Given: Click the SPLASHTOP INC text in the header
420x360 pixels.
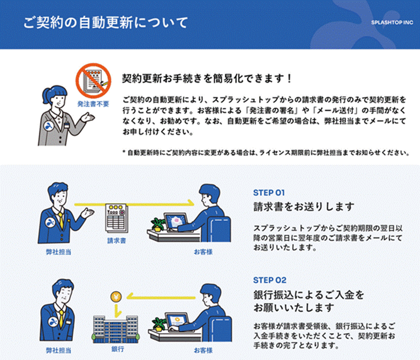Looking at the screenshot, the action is [392, 22].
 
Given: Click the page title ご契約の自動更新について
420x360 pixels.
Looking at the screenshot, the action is [106, 22].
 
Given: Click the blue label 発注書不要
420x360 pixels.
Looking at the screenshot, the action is [93, 104].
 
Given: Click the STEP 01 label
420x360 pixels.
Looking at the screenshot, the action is [269, 193].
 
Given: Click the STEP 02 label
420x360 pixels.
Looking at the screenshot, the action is [269, 280].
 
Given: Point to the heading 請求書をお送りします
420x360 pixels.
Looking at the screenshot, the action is [304, 207].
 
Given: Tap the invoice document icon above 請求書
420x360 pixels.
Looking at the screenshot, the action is [117, 218].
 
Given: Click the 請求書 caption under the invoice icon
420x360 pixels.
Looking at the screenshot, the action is [117, 241].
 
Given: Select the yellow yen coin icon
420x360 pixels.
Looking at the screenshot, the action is [116, 297].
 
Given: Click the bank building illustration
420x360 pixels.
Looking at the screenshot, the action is [116, 329].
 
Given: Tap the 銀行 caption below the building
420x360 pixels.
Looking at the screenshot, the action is [118, 349].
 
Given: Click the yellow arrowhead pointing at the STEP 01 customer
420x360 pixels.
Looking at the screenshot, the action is [191, 203].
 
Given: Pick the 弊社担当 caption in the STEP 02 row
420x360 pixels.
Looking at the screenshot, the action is [58, 351].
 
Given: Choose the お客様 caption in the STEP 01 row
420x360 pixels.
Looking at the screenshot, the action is [203, 252].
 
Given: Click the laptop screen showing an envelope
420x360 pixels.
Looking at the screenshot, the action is [176, 221].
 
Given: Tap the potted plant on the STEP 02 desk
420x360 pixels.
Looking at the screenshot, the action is [158, 324].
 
